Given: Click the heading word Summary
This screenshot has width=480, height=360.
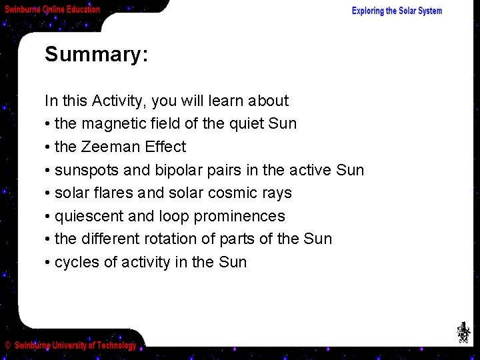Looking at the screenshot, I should click(95, 55).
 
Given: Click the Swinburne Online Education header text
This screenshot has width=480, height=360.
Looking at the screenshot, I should click(53, 9).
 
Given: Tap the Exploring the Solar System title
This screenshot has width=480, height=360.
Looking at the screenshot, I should click(397, 11).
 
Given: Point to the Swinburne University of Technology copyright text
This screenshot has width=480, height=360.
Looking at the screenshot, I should click(71, 345).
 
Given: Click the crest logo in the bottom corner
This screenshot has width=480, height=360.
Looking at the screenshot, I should click(463, 332).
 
